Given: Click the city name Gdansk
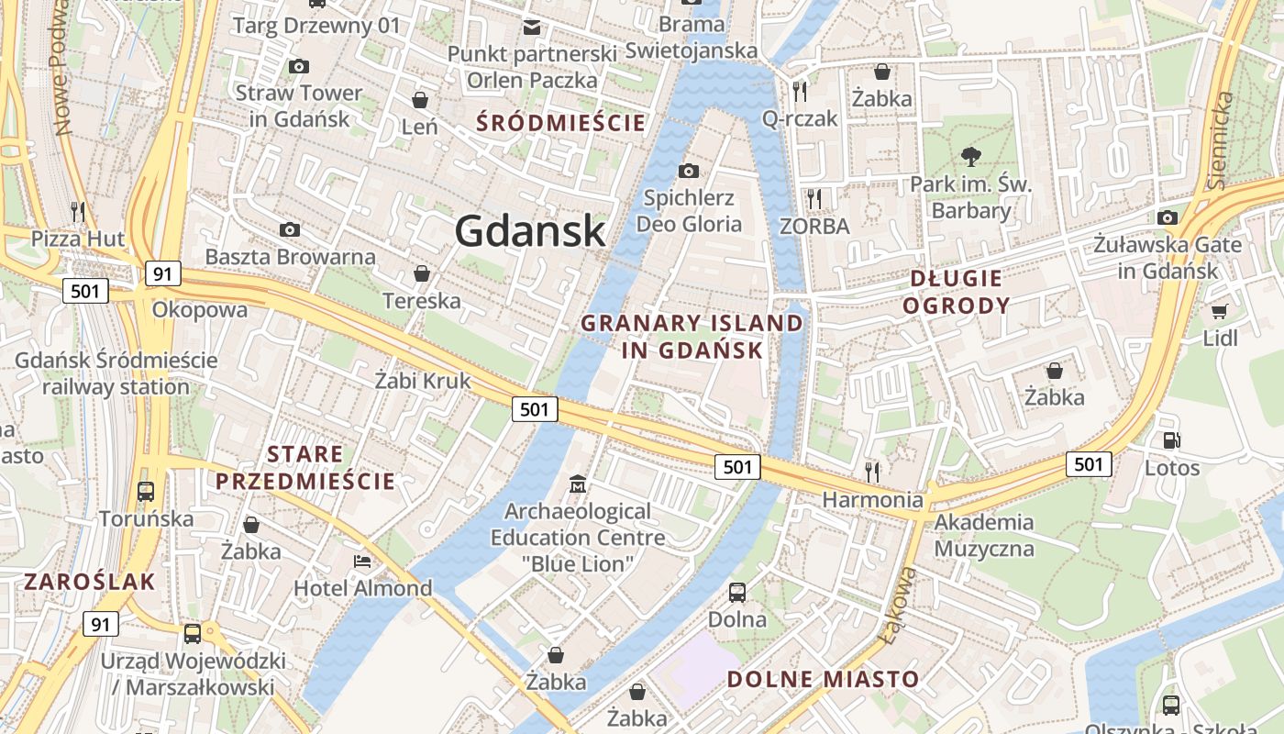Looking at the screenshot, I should coord(530,231).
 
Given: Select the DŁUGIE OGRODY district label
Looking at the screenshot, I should coord(957,292).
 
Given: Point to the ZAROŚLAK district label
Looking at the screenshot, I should coord(90,581).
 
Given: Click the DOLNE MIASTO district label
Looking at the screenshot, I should coord(823,679).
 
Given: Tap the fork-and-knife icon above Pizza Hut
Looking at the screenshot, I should coord(78,212).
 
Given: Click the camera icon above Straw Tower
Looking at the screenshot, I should coord(298,66).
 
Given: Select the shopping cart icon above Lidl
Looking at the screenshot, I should coord(1219,312).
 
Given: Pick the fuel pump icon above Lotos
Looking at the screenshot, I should coord(1171,440).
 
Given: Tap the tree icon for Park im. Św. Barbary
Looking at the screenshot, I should coord(970,157).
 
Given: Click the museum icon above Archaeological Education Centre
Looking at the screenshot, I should coord(578,484).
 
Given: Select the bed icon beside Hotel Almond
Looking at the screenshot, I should coord(362,561).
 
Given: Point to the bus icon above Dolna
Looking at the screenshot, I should coord(736,593).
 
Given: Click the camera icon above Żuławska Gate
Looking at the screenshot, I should coord(1168,217).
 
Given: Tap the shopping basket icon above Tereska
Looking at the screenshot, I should coord(421,273).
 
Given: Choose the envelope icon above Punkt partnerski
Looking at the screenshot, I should coord(531,27).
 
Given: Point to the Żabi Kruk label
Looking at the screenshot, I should coord(423,380).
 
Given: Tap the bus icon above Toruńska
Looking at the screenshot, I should coord(146,492).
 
